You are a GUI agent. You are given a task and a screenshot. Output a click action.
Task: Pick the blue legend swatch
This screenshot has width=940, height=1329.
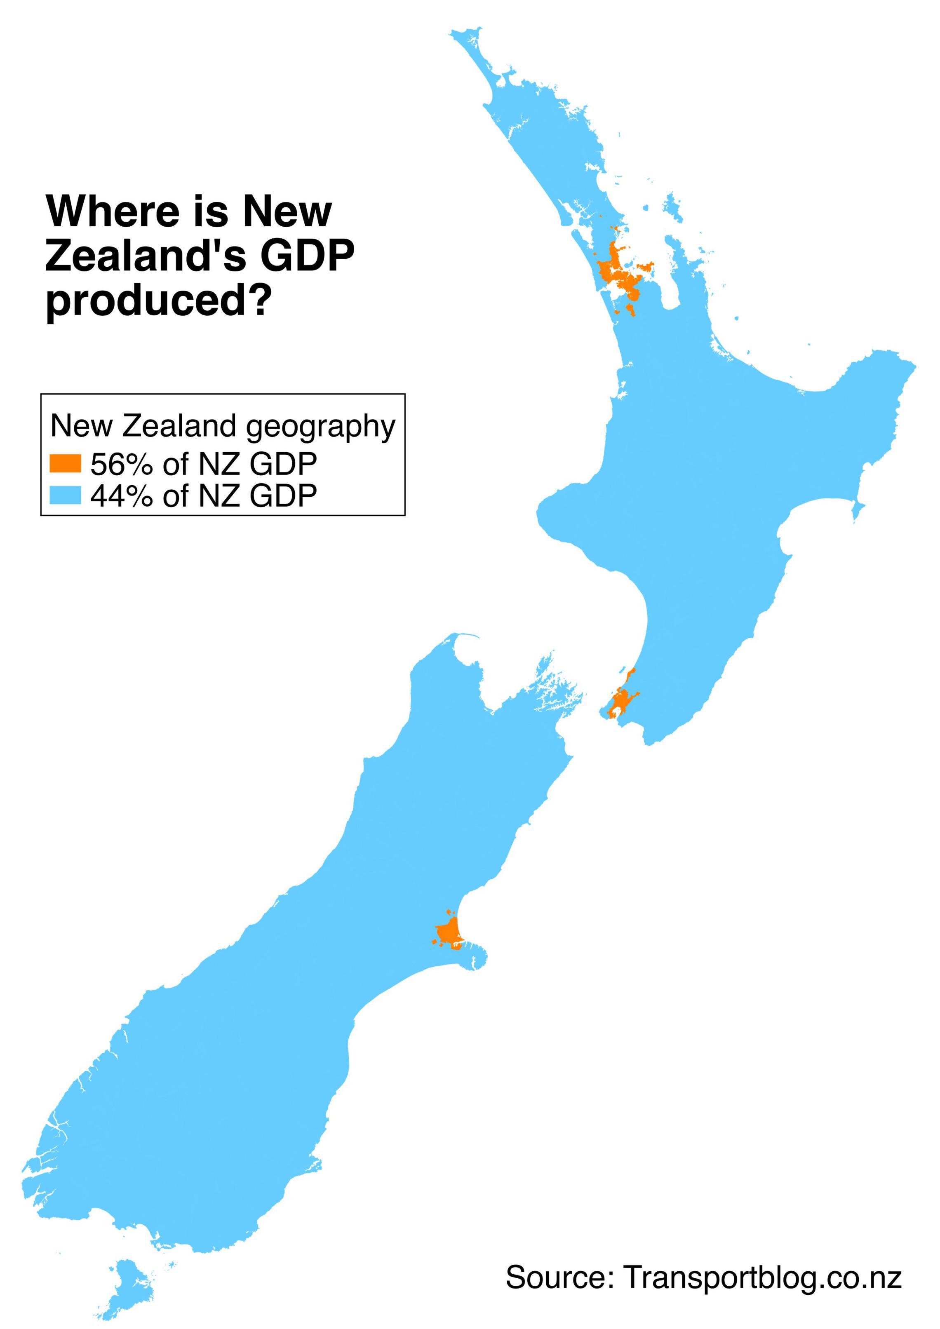point(65,495)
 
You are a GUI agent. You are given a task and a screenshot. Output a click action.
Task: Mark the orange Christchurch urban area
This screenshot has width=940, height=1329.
point(449,933)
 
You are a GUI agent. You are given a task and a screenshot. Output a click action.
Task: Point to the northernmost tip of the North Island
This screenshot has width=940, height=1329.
point(463,31)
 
